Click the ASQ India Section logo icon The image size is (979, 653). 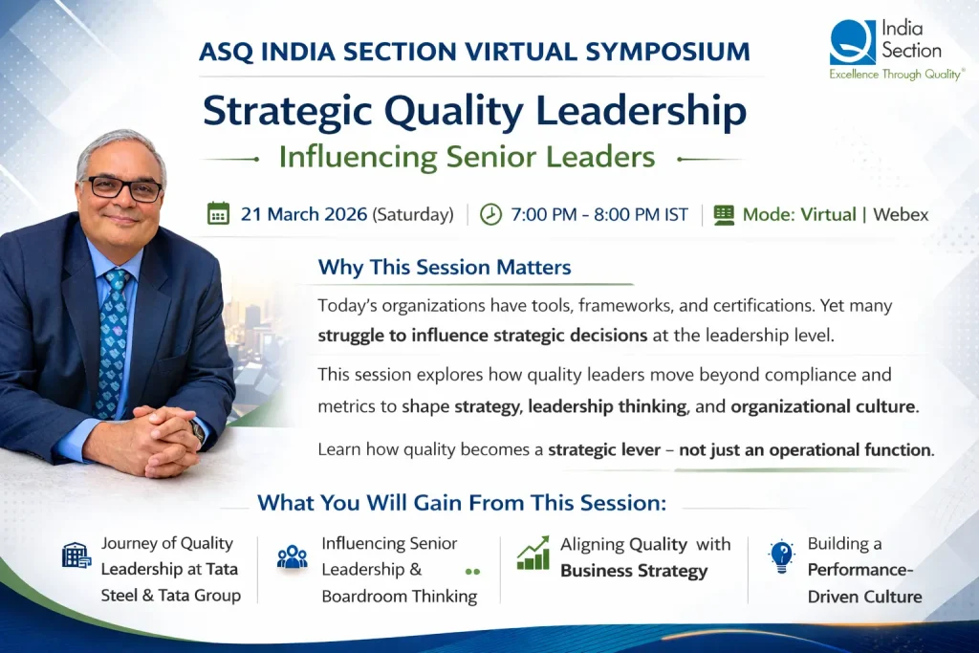click(852, 42)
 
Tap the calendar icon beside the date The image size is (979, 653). click(218, 213)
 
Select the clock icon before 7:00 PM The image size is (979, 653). click(490, 214)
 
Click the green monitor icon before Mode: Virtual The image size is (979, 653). click(724, 215)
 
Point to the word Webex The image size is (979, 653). click(901, 214)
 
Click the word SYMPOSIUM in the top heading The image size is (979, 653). click(667, 52)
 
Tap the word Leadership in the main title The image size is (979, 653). click(641, 111)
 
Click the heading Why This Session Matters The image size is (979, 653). click(445, 267)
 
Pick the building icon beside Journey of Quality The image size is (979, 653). click(76, 555)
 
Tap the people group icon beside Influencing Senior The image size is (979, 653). click(293, 556)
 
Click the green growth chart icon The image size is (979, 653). click(533, 554)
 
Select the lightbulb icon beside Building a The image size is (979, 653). click(781, 556)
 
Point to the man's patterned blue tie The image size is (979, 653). click(114, 344)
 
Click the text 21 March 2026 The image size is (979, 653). click(304, 214)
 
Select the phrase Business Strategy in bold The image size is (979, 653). click(634, 571)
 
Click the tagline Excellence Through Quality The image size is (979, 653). click(896, 75)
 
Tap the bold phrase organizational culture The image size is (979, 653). click(823, 406)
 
